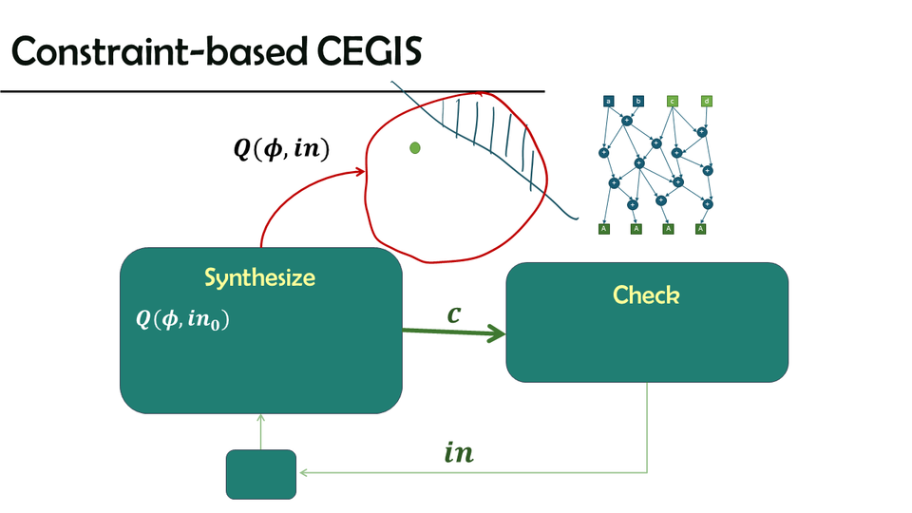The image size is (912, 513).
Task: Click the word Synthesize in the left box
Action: pos(259,278)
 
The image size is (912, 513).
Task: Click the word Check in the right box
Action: pos(646,294)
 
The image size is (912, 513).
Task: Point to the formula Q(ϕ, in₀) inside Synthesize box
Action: pos(183,320)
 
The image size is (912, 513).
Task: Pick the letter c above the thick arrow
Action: pos(454,313)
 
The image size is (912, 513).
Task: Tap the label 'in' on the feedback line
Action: pos(459,453)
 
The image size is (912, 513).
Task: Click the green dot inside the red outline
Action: pos(414,147)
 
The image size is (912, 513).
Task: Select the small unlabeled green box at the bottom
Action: pos(261,474)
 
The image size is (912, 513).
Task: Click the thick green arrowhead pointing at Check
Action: pos(496,333)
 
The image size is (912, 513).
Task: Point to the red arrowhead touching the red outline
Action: pos(361,171)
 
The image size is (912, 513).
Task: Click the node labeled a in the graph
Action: pos(608,101)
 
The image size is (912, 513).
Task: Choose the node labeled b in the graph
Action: pos(638,101)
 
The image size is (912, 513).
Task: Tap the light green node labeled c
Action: pos(673,101)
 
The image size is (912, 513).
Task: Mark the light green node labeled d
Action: pos(707,101)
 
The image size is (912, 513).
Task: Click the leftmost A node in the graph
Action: pos(603,228)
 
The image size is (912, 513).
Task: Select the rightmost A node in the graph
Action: pos(701,228)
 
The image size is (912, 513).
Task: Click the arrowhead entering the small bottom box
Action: pos(301,472)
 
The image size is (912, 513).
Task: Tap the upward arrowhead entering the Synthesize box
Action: pos(260,419)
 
